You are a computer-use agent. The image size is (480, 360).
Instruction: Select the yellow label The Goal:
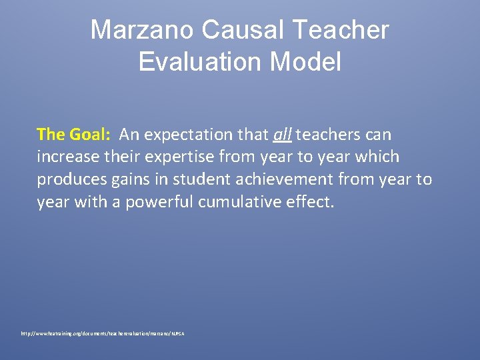pyautogui.click(x=73, y=135)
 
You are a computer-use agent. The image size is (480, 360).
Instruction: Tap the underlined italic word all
pyautogui.click(x=282, y=135)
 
